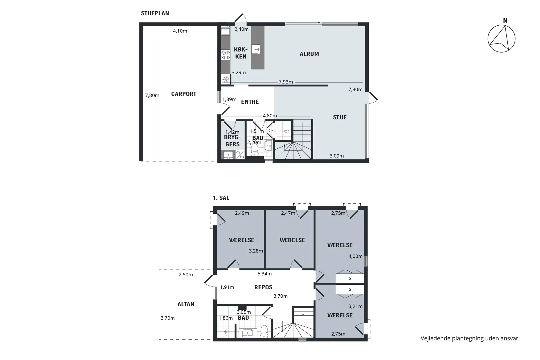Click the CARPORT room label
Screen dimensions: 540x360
pyautogui.click(x=184, y=94)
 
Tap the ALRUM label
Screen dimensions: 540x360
pyautogui.click(x=309, y=54)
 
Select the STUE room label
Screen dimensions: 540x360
pyautogui.click(x=340, y=117)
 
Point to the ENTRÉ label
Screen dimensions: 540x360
pyautogui.click(x=250, y=102)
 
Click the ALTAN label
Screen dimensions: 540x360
pyautogui.click(x=186, y=304)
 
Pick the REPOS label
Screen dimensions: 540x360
pyautogui.click(x=263, y=287)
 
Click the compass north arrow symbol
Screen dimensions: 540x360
pyautogui.click(x=501, y=39)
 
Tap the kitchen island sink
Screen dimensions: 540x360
pyautogui.click(x=256, y=49)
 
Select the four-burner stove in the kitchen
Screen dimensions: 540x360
pyautogui.click(x=226, y=55)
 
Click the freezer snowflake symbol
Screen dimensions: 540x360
pyautogui.click(x=226, y=79)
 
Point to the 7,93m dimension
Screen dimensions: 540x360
pyautogui.click(x=286, y=82)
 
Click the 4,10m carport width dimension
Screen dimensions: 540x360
pyautogui.click(x=180, y=31)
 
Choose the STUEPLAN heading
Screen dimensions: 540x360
pyautogui.click(x=155, y=13)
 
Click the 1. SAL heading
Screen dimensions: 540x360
pyautogui.click(x=221, y=198)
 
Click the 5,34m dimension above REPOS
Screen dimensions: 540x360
pyautogui.click(x=264, y=274)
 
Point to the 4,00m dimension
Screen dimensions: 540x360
pyautogui.click(x=355, y=256)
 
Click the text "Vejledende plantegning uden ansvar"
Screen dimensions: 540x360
pyautogui.click(x=469, y=339)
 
